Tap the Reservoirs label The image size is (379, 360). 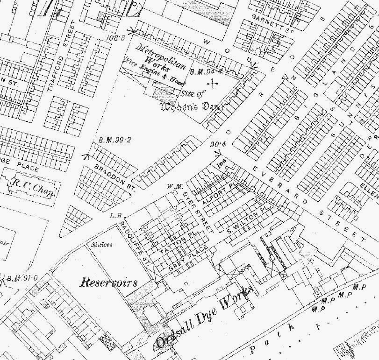click(108, 282)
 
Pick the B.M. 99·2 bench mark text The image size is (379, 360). click(114, 140)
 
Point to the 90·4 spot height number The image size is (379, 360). click(218, 144)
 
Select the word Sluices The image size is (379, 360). click(100, 244)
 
